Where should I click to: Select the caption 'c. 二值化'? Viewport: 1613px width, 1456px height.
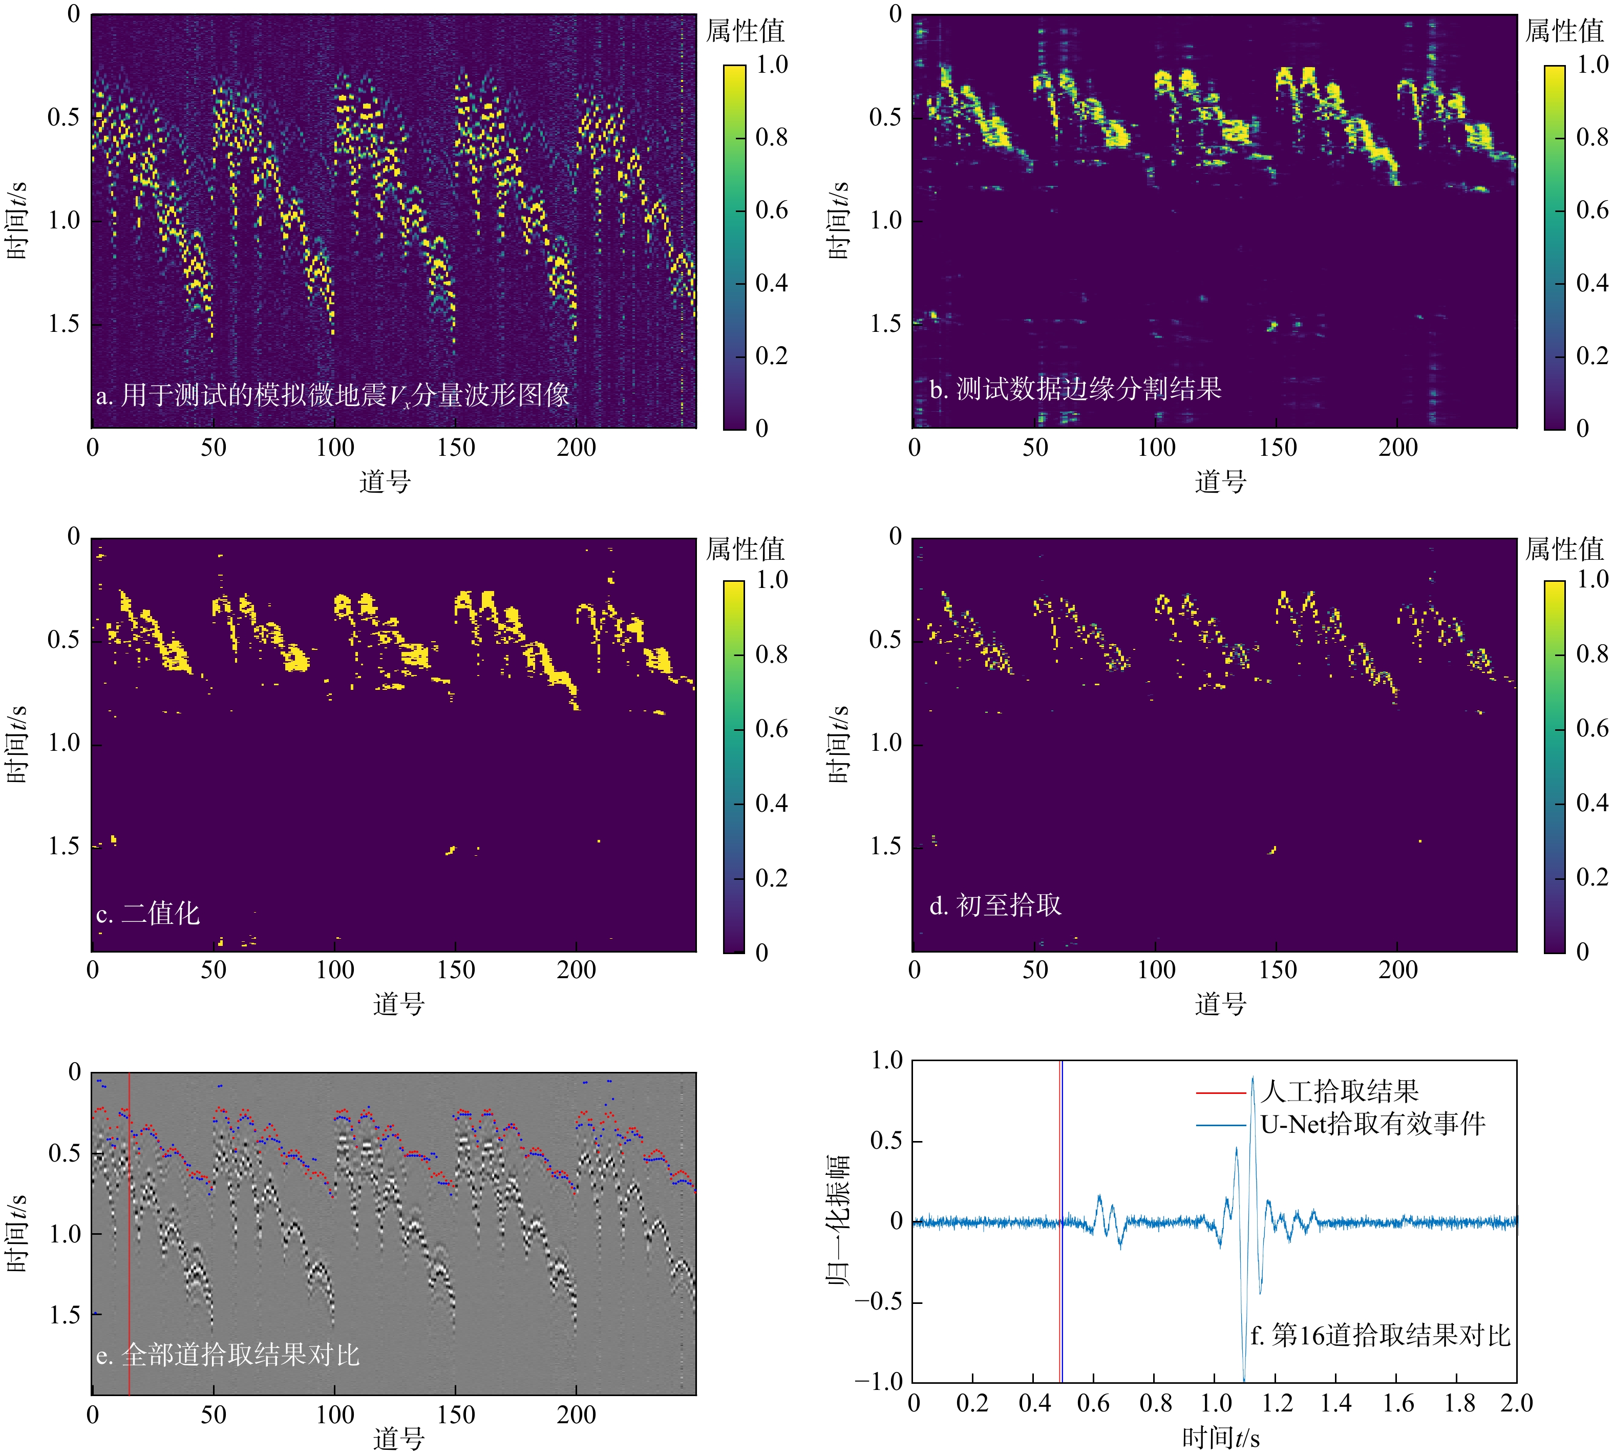pos(148,913)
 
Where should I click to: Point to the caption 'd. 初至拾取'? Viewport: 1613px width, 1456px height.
pos(995,905)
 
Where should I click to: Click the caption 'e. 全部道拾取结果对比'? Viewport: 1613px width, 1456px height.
pos(228,1355)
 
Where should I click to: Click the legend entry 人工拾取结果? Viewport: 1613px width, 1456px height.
pos(1340,1091)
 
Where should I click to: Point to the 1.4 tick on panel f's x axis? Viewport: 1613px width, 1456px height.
pos(1335,1402)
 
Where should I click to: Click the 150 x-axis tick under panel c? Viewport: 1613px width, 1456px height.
pos(456,969)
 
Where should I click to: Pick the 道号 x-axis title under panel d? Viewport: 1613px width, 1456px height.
pos(1220,1004)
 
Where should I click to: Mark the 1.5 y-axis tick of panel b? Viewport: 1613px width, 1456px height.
pos(885,324)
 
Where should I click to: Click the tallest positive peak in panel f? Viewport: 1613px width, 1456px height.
pos(1253,1078)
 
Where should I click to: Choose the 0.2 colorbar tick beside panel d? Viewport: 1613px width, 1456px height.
pos(1591,877)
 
